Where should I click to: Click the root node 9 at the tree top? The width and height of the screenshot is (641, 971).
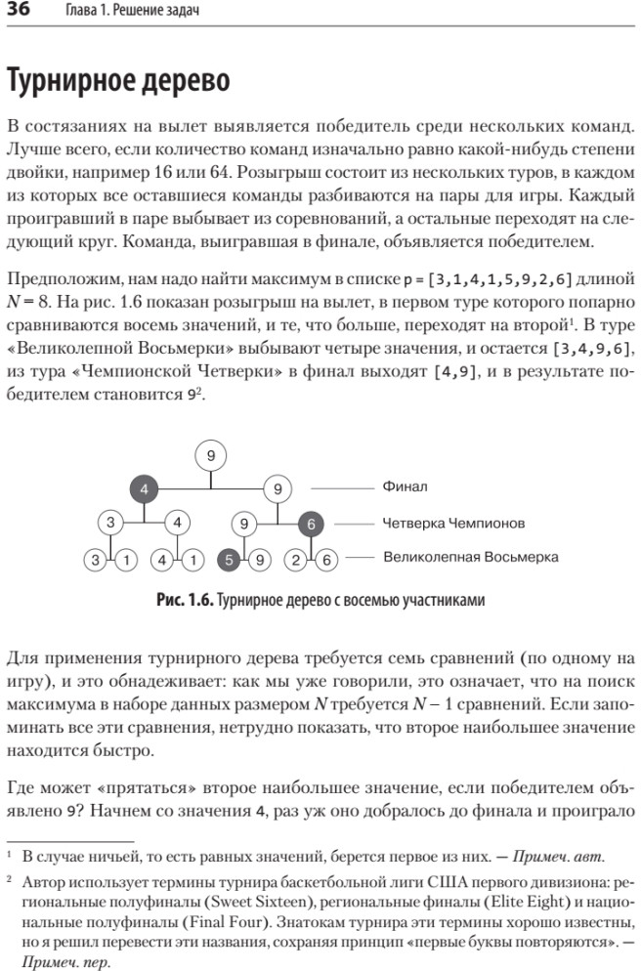coord(211,454)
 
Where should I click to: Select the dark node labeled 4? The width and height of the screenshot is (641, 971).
coord(144,487)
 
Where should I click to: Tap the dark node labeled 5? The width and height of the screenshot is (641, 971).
coord(228,560)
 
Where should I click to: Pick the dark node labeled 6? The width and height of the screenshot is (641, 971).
coord(311,524)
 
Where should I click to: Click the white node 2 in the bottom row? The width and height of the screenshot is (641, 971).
coord(294,560)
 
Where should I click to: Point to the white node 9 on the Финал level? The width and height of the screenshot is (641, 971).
coord(278,487)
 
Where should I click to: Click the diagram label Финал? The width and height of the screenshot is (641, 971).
coord(404,486)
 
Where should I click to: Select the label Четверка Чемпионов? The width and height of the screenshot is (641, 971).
coord(453,523)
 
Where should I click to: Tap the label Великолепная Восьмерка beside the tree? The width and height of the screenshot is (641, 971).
coord(470,557)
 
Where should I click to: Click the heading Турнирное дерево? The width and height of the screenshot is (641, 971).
coord(118,81)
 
